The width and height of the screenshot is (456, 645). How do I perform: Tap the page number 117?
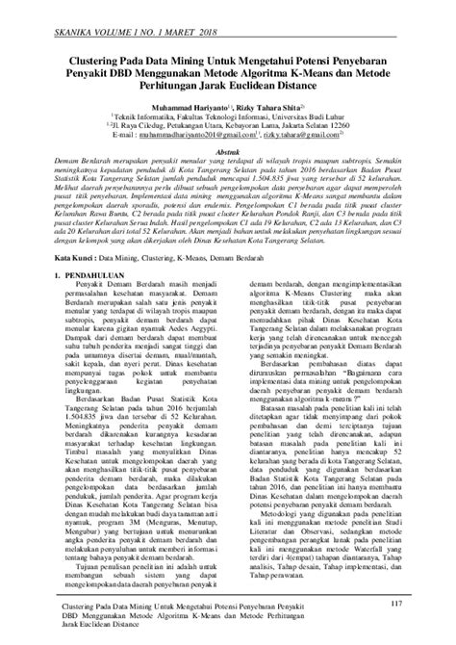[388, 604]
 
